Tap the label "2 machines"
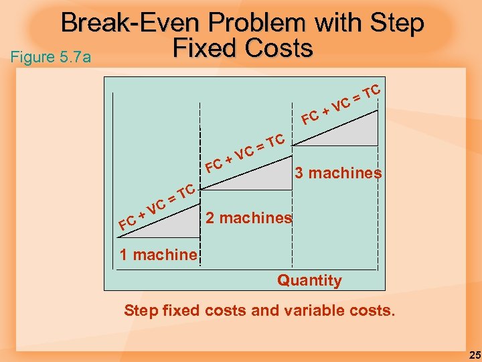[x=248, y=218]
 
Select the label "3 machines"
[x=338, y=173]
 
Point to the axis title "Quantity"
[x=309, y=280]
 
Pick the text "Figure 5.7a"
[x=50, y=57]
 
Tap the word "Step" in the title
[x=398, y=25]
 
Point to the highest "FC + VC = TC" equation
[x=341, y=103]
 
